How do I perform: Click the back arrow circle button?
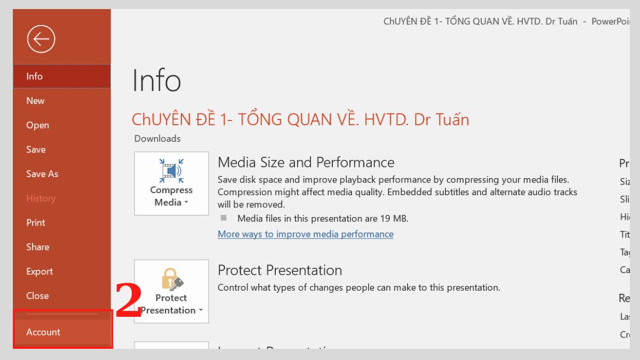[x=41, y=39]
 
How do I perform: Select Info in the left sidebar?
[x=35, y=76]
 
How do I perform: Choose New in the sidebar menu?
[x=36, y=101]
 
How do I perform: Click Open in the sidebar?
[x=37, y=125]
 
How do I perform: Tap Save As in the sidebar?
[x=42, y=174]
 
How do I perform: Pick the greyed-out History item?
[x=41, y=198]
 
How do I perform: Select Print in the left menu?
[x=36, y=222]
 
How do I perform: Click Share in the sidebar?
[x=37, y=247]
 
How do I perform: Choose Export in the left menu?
[x=39, y=271]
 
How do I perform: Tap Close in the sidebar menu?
[x=37, y=295]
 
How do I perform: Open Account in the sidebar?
[x=43, y=332]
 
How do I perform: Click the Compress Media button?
[x=171, y=183]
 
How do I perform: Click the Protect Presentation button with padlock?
[x=171, y=291]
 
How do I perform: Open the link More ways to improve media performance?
[x=306, y=234]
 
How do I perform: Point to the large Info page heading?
[x=157, y=81]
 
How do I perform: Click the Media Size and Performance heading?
[x=306, y=162]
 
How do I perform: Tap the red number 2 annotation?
[x=129, y=301]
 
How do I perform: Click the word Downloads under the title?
[x=157, y=139]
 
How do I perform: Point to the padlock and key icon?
[x=172, y=279]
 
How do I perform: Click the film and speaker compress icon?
[x=171, y=171]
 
